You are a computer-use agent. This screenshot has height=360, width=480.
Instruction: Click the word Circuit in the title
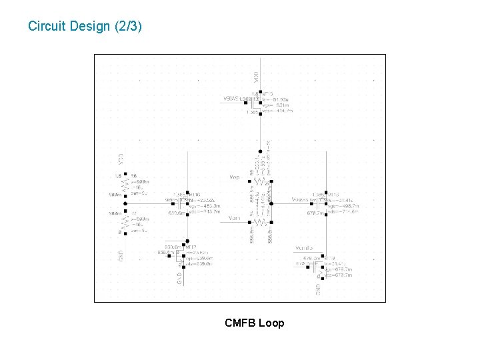(x=45, y=27)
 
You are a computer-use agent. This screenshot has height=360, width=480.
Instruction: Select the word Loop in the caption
(x=271, y=323)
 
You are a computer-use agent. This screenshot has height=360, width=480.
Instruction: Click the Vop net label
(x=234, y=177)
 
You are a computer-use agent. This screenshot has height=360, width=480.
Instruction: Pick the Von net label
(x=234, y=218)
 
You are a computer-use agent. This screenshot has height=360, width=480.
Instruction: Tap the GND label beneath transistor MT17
(x=179, y=277)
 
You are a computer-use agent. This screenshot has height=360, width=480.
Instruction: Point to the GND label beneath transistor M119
(x=319, y=289)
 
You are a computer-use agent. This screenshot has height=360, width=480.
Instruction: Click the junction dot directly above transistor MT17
(x=188, y=241)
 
